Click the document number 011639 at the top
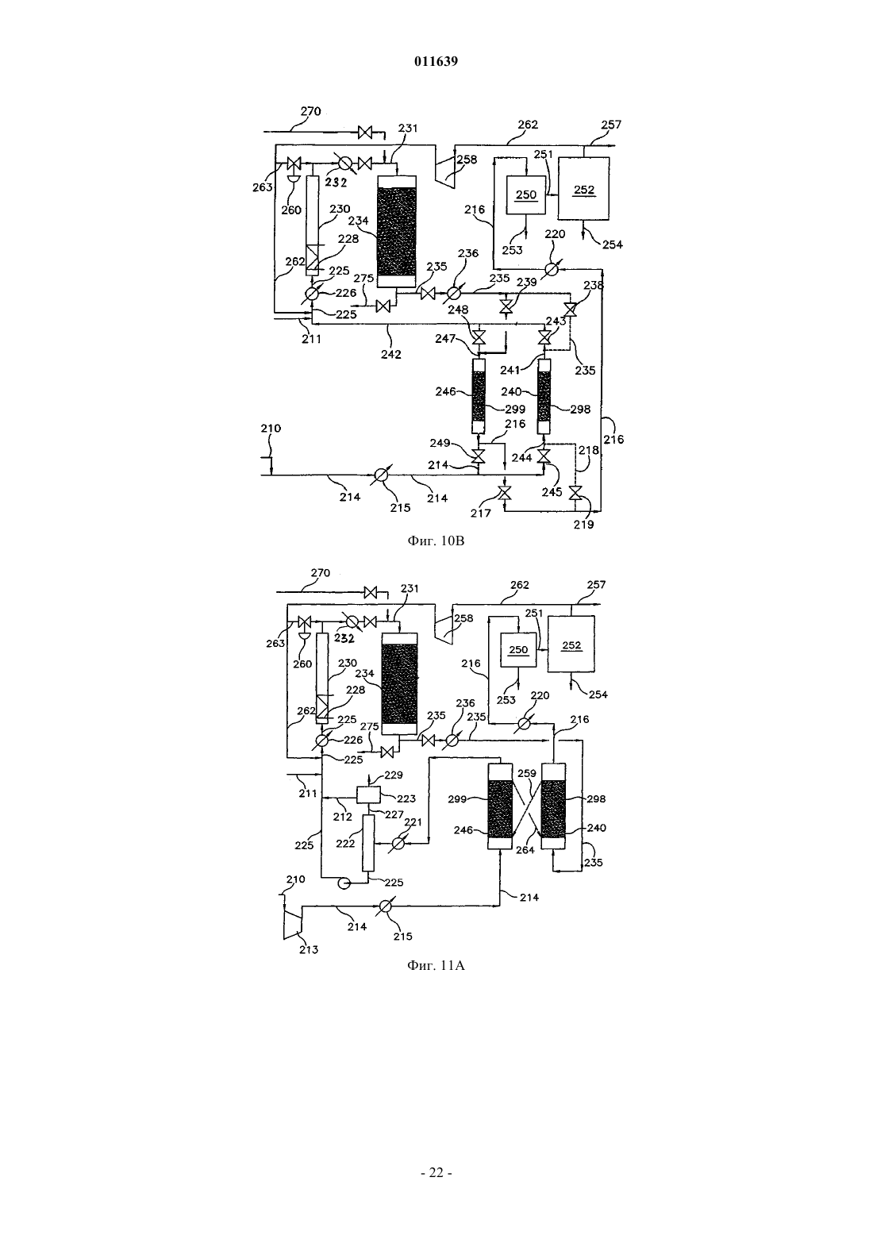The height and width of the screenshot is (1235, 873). [436, 61]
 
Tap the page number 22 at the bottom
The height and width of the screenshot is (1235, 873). [436, 1173]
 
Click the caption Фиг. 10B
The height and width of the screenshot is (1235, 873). [436, 541]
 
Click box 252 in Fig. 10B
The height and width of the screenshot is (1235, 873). [583, 189]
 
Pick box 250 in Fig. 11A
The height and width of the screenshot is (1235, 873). [518, 650]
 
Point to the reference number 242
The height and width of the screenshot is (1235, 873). [390, 354]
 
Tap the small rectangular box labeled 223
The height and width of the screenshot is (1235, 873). [369, 794]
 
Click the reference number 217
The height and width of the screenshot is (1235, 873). [481, 514]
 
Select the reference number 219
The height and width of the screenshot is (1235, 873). [583, 525]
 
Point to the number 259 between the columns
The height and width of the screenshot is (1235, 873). [527, 773]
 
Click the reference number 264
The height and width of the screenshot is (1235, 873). [525, 850]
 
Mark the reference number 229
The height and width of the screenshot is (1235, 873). [394, 775]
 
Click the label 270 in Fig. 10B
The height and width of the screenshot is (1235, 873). [311, 111]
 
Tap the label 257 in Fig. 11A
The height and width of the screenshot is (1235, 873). [596, 584]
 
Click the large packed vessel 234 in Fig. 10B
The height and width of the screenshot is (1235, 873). [397, 232]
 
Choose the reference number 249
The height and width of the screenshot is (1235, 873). [440, 443]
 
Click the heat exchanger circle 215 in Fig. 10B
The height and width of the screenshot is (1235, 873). [379, 475]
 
